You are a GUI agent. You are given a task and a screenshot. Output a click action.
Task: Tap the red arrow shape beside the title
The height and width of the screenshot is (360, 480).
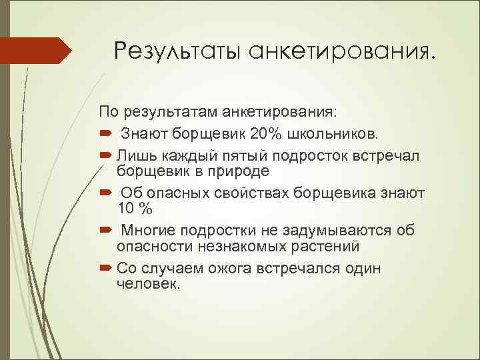click(36, 51)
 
